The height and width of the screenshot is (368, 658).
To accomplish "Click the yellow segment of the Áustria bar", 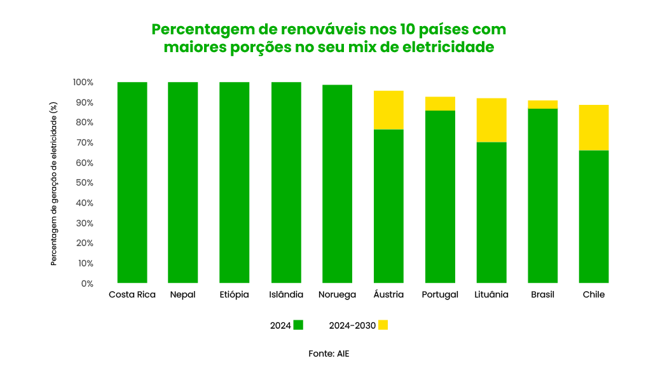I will tap(388, 110).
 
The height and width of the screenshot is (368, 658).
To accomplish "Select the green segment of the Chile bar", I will tap(594, 216).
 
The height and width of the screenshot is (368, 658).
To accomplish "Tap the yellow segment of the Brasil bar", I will tap(543, 105).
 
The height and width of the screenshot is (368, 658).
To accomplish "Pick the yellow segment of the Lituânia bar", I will tap(491, 120).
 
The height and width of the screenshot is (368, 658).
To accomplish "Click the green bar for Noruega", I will tap(337, 184).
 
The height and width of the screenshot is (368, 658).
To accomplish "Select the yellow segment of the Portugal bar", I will tap(440, 104).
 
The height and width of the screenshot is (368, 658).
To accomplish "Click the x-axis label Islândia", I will tap(286, 295).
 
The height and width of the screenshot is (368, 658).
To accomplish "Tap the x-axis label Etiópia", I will tap(234, 295).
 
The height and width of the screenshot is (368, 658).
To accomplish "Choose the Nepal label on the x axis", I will tap(182, 295).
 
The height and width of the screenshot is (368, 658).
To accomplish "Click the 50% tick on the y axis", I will tap(83, 183).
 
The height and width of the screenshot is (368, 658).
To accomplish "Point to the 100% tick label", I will tap(83, 83).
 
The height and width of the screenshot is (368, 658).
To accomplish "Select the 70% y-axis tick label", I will tap(83, 143).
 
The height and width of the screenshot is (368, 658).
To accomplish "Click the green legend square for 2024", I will tap(298, 325).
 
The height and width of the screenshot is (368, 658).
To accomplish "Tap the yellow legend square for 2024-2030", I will tap(383, 325).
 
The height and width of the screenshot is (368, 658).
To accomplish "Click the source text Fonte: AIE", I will tap(329, 353).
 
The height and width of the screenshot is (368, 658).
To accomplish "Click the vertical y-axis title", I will tap(55, 182).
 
